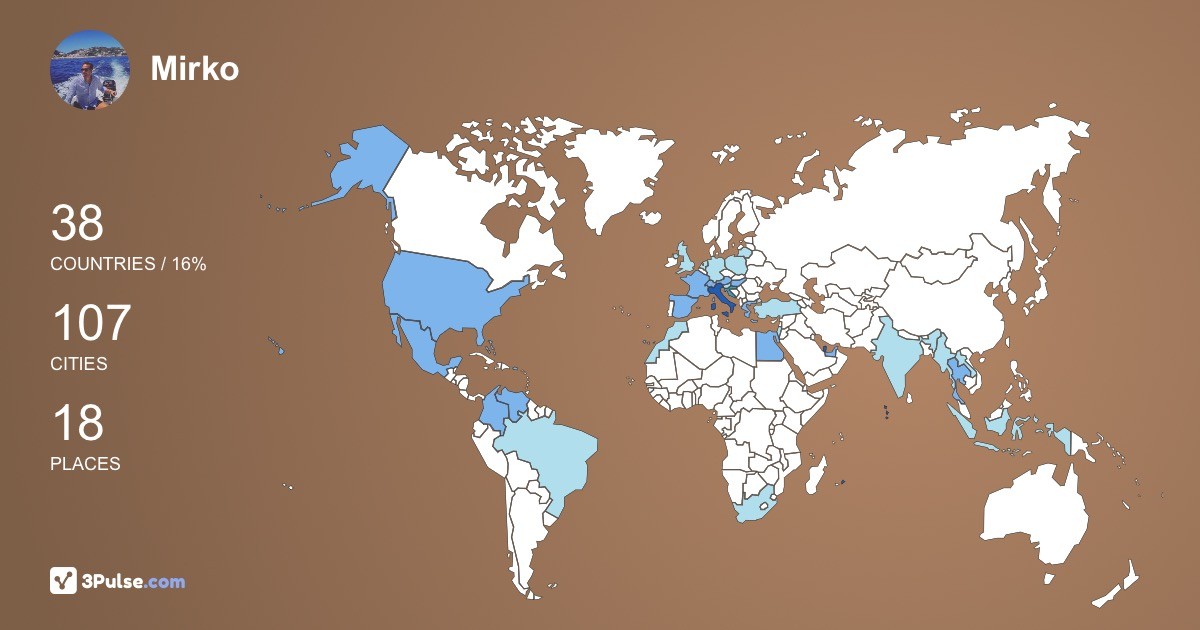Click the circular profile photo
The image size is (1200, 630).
tap(89, 69)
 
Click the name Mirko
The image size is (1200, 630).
tap(194, 68)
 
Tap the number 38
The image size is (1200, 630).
tap(77, 223)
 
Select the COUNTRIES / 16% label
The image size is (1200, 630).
tap(128, 264)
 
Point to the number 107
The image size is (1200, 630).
tap(91, 324)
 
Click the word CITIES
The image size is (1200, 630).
tap(79, 364)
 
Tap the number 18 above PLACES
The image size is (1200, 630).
tap(77, 423)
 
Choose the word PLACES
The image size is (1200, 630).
tap(85, 464)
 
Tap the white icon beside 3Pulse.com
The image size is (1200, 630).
tap(64, 581)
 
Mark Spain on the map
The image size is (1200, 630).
tap(679, 305)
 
